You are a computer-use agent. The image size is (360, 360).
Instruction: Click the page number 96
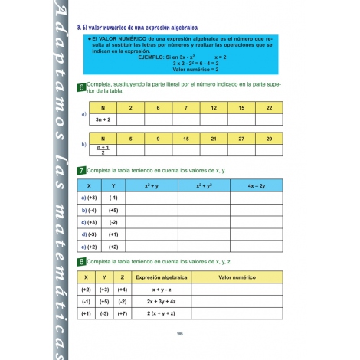click(180, 333)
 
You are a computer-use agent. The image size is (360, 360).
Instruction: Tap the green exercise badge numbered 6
click(81, 88)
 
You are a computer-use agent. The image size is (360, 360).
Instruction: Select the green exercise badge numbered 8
click(81, 263)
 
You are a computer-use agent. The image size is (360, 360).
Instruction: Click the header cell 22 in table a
click(269, 108)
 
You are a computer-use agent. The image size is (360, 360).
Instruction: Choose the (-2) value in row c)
click(113, 222)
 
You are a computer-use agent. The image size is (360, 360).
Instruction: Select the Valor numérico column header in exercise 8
click(237, 277)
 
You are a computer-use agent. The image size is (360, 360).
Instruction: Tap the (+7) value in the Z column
click(123, 314)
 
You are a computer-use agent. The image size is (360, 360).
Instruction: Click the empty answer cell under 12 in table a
click(214, 119)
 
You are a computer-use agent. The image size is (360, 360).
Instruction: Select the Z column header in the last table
click(123, 277)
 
